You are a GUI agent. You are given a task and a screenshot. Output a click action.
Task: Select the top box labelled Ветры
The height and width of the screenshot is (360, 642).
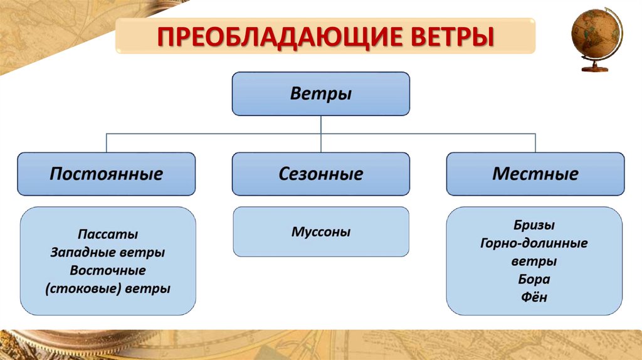point(321,94)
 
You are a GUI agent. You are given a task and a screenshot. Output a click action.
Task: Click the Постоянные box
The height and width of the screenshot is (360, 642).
point(106,174)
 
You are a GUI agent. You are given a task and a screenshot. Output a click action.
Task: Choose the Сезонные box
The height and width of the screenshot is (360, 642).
point(321,174)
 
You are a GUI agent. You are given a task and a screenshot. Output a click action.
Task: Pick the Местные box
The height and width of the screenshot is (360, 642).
point(535,174)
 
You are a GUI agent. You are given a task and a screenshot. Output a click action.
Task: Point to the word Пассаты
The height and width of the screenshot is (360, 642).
point(108,234)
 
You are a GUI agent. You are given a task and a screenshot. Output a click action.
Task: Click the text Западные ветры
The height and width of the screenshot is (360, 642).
point(108,253)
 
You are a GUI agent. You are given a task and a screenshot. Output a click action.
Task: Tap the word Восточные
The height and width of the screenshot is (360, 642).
point(108,271)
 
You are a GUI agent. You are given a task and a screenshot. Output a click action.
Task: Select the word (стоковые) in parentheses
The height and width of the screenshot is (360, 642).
point(83,289)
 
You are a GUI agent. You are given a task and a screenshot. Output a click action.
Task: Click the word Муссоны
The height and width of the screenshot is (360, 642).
point(321,232)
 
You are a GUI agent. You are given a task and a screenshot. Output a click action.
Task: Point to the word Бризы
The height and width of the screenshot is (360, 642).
point(534,225)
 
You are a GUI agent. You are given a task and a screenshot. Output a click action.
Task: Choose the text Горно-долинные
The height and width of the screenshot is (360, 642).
point(534,243)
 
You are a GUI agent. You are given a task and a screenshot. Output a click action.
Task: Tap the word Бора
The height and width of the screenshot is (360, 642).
point(534,280)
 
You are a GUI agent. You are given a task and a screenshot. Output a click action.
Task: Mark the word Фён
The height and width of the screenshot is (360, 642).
point(534,298)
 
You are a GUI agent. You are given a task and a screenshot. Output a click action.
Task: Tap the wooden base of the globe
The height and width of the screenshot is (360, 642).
point(595,68)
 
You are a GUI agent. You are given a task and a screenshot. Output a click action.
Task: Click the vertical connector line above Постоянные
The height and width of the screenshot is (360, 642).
point(106,143)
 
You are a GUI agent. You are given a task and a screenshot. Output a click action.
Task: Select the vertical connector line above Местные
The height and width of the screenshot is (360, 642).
point(535,143)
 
